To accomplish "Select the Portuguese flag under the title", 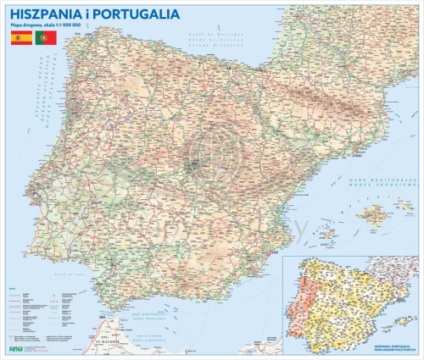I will [44, 39].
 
